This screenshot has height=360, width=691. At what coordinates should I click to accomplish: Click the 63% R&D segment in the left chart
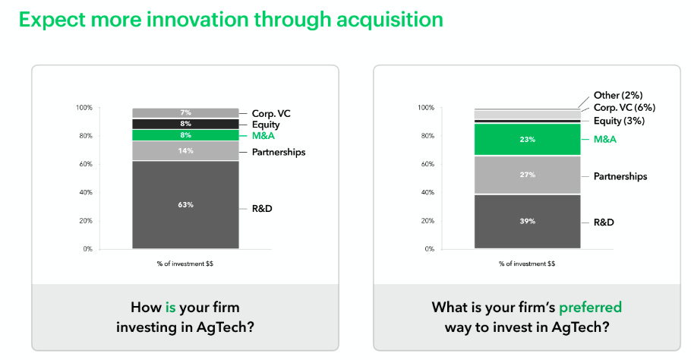[185, 205]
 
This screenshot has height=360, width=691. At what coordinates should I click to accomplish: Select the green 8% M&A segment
[185, 135]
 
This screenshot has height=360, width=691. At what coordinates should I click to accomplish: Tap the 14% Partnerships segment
[185, 150]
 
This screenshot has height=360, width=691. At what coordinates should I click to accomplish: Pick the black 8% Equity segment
[185, 124]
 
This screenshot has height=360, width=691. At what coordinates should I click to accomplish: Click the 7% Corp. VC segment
[185, 113]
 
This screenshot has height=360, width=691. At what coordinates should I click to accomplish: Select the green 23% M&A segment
[528, 139]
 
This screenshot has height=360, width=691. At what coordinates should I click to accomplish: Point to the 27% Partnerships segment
[528, 175]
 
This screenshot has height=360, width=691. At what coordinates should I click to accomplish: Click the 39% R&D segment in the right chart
[528, 221]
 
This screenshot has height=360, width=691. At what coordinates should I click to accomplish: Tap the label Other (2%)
[618, 95]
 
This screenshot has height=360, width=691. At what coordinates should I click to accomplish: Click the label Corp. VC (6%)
[624, 108]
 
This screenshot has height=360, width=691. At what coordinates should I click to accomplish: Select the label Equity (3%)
[619, 121]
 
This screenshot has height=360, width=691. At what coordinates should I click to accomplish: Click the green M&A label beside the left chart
[263, 136]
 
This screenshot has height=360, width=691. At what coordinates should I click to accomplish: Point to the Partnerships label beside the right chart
[620, 176]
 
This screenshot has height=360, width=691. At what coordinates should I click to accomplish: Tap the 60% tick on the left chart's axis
[86, 164]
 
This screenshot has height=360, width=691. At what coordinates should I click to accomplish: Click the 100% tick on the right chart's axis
[426, 108]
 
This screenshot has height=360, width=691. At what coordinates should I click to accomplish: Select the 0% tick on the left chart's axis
[87, 249]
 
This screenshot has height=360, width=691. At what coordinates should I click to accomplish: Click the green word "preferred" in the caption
[590, 308]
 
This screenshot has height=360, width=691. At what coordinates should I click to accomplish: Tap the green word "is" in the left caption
[171, 307]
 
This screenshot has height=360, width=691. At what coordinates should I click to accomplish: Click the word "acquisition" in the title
[390, 21]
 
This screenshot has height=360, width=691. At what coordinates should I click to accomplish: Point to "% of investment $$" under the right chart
[527, 264]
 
